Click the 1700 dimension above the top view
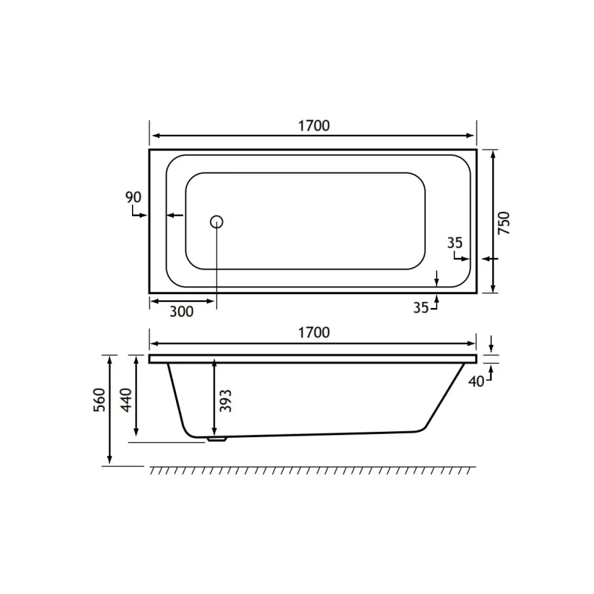click(x=313, y=125)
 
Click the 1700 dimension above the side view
click(x=313, y=333)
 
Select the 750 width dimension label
click(x=503, y=224)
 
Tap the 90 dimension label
click(x=133, y=197)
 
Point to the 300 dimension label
click(x=181, y=311)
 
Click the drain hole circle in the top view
click(x=217, y=221)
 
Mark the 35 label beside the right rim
click(x=454, y=242)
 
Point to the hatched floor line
click(x=313, y=470)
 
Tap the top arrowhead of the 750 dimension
click(x=494, y=153)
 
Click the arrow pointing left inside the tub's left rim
click(x=170, y=216)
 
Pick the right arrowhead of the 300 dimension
click(x=212, y=301)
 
